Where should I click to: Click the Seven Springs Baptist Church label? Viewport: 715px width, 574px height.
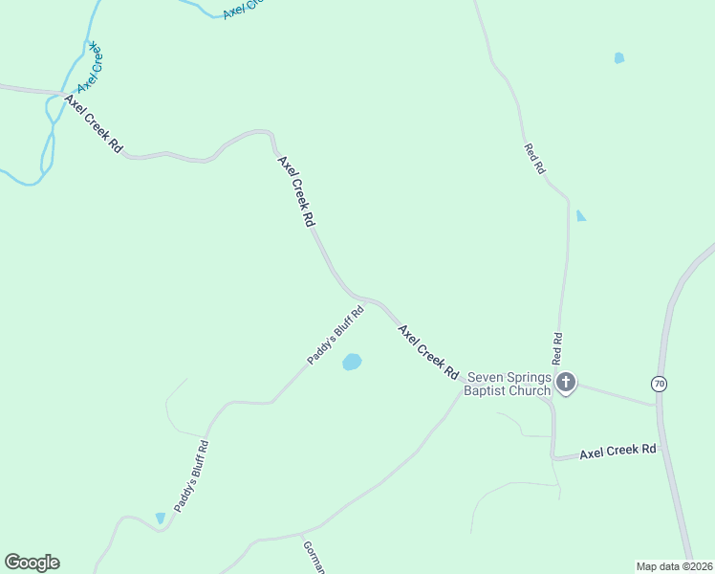point(508,384)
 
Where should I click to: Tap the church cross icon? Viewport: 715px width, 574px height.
point(566,384)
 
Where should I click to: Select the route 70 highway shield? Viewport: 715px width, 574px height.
point(659,384)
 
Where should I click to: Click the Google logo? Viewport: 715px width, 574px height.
point(32,563)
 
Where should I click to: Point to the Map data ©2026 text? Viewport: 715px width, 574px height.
point(673,566)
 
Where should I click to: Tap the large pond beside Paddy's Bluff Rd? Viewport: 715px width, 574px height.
point(352,363)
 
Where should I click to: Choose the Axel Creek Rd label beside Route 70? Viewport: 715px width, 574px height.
point(618,449)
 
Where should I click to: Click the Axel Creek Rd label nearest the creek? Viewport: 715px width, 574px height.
point(94,123)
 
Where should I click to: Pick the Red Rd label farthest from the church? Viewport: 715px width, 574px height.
point(534,158)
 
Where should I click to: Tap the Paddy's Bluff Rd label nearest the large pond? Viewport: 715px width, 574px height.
point(336,335)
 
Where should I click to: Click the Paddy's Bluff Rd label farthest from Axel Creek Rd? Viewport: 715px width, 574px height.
point(192,476)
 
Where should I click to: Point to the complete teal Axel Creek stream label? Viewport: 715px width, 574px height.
point(91,66)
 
